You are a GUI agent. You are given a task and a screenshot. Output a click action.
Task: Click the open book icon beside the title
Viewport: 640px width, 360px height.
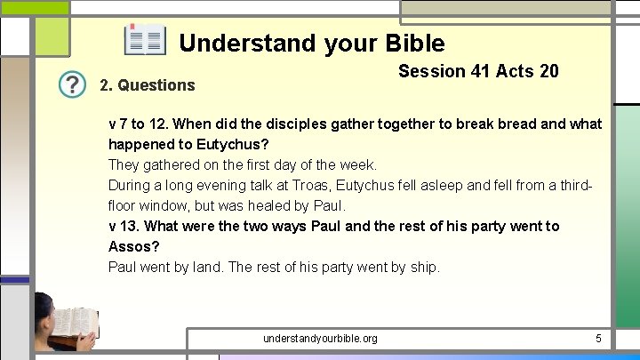[x=144, y=41]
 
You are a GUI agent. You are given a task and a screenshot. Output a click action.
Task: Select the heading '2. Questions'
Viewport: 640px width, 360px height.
[x=147, y=85]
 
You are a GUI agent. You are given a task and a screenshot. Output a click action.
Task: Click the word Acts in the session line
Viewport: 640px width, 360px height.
[x=516, y=71]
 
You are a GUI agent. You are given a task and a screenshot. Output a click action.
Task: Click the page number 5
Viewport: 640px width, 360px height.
[x=599, y=338]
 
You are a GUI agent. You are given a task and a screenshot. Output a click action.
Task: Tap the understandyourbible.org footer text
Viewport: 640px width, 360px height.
[x=320, y=339]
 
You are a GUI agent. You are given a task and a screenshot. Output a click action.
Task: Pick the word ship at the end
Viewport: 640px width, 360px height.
[x=422, y=267]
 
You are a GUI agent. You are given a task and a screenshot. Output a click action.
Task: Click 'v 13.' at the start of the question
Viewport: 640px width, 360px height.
[x=126, y=226]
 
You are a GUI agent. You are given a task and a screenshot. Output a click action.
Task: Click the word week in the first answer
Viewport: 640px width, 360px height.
[x=357, y=164]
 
